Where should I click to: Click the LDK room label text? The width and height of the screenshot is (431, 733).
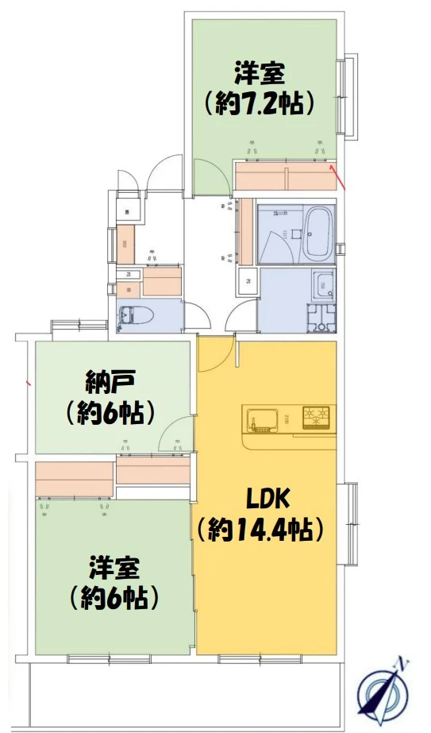[x=270, y=499]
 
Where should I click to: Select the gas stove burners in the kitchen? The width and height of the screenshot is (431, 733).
[x=317, y=416]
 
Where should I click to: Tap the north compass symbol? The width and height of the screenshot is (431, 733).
[x=384, y=690]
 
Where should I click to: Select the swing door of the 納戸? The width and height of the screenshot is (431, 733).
[x=175, y=435]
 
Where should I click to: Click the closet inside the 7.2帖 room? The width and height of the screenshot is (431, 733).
[x=285, y=176]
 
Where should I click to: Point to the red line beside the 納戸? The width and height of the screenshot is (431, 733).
[x=29, y=384]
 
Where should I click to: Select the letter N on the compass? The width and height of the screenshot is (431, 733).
[x=403, y=662]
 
